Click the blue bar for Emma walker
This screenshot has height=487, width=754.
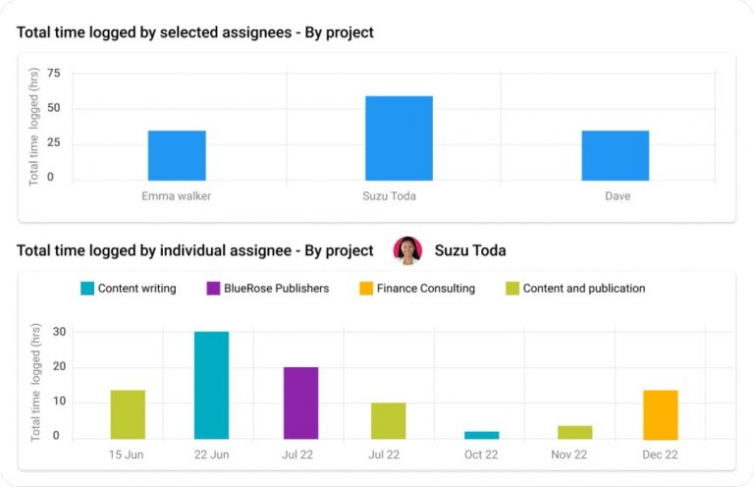click(x=177, y=155)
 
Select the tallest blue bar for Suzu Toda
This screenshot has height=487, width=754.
click(x=399, y=138)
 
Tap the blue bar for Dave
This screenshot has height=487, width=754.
click(x=616, y=155)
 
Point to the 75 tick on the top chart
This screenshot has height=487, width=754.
click(x=53, y=74)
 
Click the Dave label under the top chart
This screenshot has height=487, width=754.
click(x=618, y=196)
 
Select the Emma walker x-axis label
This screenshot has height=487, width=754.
click(x=176, y=196)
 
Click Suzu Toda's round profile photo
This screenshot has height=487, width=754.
click(x=407, y=250)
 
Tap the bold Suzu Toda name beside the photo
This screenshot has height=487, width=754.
click(x=470, y=250)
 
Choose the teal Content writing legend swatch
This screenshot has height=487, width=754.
click(x=87, y=289)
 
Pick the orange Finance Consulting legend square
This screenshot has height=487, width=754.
click(x=365, y=289)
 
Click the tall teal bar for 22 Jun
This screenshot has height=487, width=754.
click(x=211, y=385)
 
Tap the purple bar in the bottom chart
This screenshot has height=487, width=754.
click(x=301, y=403)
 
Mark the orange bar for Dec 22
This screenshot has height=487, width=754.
click(x=661, y=414)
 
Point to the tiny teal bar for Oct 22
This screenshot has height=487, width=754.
click(x=481, y=435)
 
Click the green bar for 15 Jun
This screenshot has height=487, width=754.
click(x=128, y=414)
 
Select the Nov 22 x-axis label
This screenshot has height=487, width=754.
click(x=569, y=456)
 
